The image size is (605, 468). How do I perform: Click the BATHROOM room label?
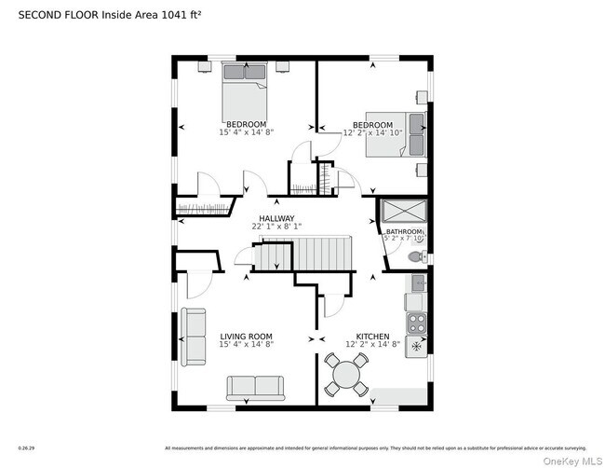[404, 232]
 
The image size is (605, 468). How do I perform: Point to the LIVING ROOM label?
[246, 337]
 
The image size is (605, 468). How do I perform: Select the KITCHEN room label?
[372, 337]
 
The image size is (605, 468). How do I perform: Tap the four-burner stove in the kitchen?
[417, 323]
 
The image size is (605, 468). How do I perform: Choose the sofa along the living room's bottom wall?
[255, 387]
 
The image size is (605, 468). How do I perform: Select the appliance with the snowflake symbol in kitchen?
[417, 347]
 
